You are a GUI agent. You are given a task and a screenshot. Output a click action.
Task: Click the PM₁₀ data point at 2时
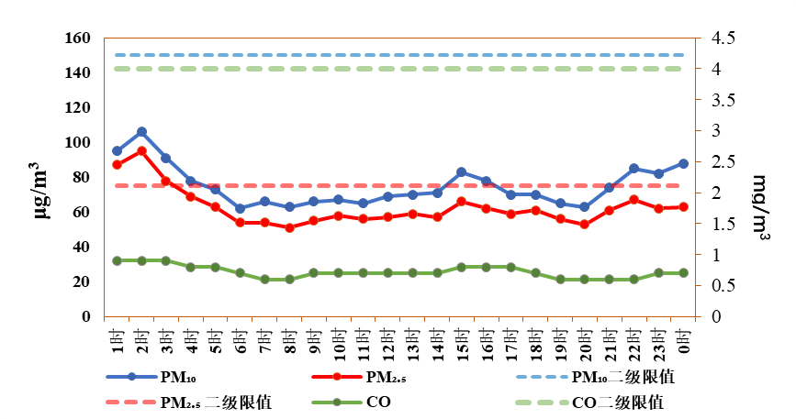point(141,132)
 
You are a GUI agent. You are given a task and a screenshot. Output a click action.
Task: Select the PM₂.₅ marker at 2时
point(141,151)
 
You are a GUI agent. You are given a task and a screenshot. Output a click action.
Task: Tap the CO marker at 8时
point(290,279)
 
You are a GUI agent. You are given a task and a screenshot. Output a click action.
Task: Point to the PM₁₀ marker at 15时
point(462,172)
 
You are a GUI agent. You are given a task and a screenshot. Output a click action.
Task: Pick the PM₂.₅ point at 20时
point(584,224)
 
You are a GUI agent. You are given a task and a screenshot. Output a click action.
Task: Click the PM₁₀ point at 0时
point(683,163)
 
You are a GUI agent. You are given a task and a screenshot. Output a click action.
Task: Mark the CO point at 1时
point(117,261)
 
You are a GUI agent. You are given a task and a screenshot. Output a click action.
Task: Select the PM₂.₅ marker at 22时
point(633,200)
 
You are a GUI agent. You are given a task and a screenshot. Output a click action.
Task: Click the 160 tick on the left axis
point(78,38)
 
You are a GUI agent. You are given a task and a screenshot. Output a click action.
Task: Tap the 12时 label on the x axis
point(388,341)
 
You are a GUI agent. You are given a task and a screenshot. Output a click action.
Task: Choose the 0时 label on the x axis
point(683,340)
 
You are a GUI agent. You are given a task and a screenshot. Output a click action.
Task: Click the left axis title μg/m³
point(42,191)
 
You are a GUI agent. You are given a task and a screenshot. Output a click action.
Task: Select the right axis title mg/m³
point(759,208)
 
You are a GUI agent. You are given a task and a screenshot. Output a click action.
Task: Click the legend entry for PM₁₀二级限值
point(595,377)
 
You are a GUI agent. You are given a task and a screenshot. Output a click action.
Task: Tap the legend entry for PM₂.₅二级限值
point(189,402)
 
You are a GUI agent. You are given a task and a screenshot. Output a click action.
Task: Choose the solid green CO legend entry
point(351,402)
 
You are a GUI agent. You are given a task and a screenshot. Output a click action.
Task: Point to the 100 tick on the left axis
point(78,142)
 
